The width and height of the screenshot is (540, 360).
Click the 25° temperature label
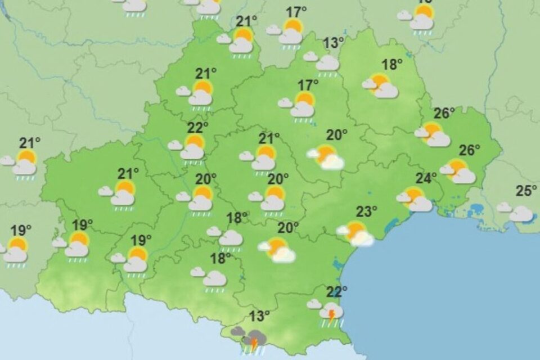point(526,191)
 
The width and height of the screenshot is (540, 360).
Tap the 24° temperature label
point(426,178)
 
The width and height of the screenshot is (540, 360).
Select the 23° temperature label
point(366,212)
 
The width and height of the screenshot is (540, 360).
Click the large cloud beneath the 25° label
point(521,214)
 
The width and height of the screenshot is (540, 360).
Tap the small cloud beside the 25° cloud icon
point(504,207)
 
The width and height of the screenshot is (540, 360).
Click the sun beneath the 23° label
point(355,229)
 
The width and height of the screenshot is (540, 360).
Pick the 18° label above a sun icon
point(393,64)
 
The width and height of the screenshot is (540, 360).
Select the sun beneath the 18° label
point(380,81)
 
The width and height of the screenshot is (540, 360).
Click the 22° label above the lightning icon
point(337,291)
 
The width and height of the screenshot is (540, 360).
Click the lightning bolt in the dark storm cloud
point(254,341)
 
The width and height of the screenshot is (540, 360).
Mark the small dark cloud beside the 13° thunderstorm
point(237,331)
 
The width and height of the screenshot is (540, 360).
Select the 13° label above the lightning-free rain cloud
point(334,43)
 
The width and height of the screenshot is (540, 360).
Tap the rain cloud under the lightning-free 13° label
point(327,63)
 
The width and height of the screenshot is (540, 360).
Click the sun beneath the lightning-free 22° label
point(195,141)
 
